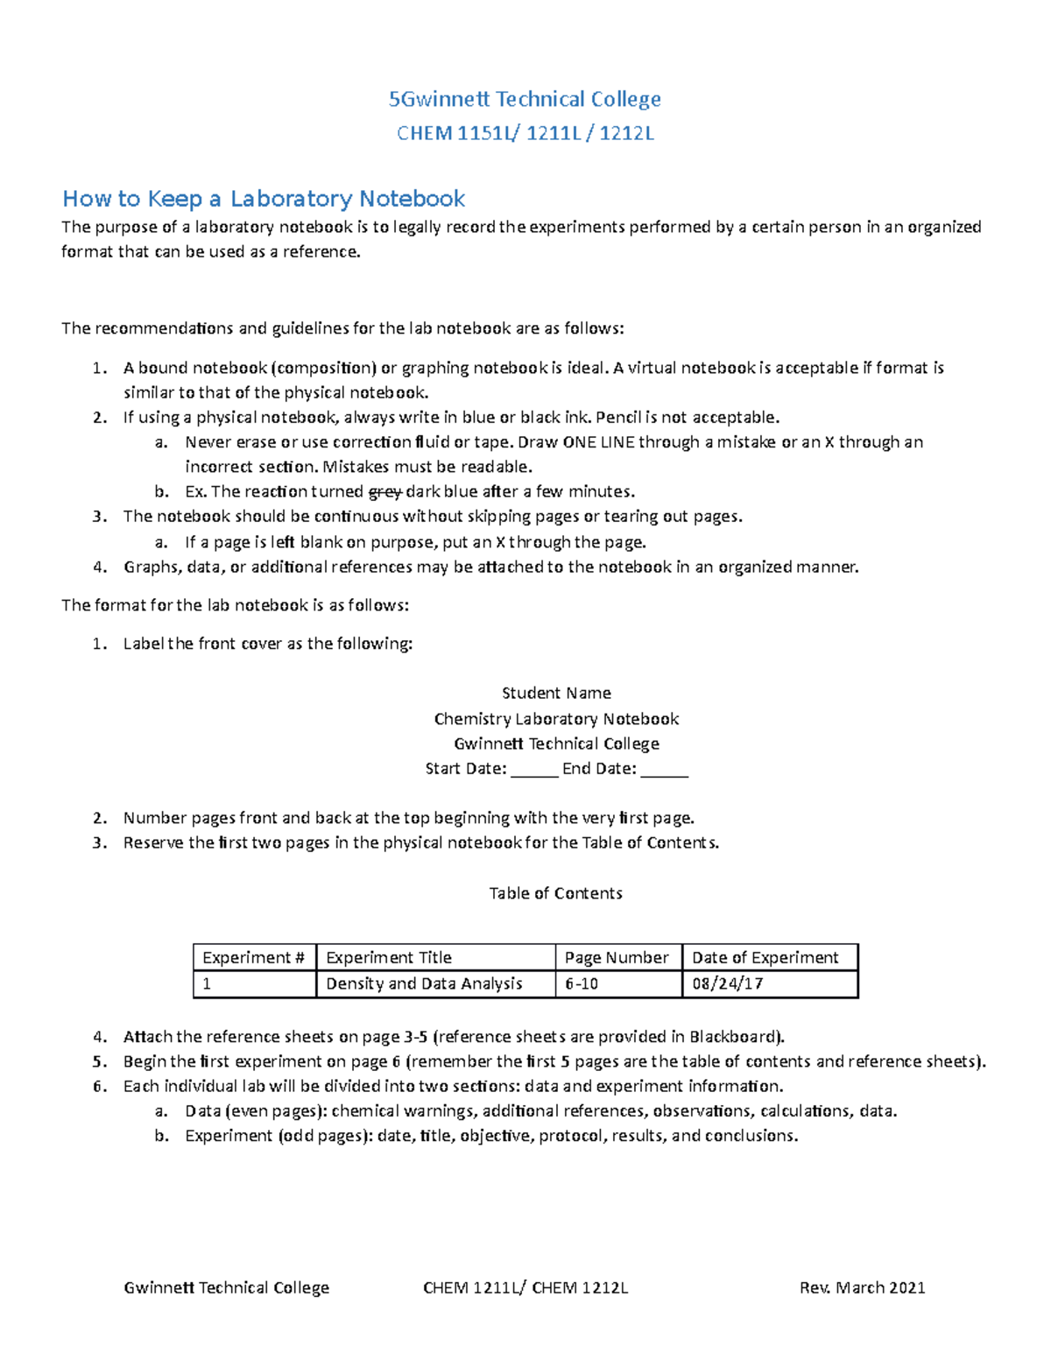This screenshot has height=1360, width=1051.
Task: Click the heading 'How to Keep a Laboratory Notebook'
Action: pos(263,199)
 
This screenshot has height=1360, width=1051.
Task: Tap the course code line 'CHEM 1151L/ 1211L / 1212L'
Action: pos(525,133)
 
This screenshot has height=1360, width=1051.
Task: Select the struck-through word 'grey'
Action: pos(385,491)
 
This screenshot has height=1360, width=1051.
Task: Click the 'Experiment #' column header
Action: pos(253,957)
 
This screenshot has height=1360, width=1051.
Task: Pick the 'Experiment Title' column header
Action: pos(389,957)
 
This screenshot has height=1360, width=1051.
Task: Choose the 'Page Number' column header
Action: pos(617,957)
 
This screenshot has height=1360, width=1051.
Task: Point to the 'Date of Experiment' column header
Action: pos(765,957)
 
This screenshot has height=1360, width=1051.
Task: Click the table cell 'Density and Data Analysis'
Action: pos(424,983)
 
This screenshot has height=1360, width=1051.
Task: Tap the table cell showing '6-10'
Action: pos(582,983)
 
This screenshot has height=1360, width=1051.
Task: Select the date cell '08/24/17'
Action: pos(727,983)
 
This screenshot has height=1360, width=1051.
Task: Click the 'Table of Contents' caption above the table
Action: pos(555,893)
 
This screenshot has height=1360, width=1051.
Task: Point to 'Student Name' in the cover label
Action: pos(556,693)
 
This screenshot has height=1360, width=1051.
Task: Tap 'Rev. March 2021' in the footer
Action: pos(862,1287)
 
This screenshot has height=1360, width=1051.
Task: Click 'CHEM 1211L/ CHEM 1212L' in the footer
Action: pos(525,1287)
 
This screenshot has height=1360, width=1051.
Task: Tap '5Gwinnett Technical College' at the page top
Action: pos(525,99)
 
